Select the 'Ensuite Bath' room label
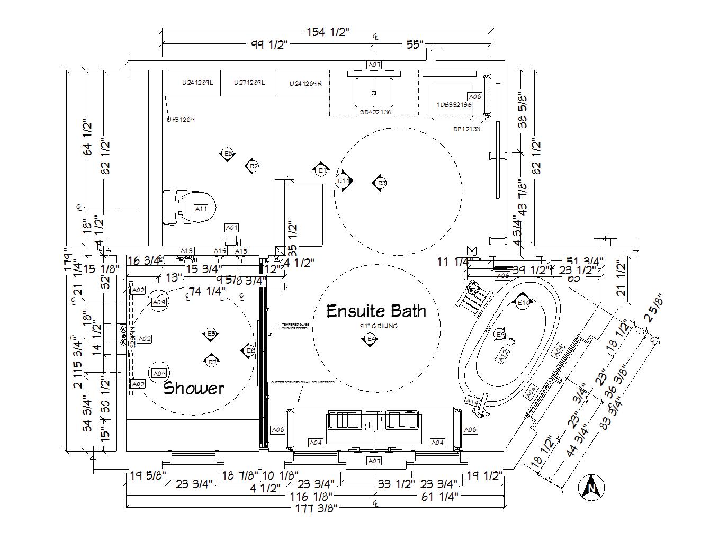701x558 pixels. point(376,311)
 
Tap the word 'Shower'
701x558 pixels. point(193,388)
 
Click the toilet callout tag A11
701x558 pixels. point(201,209)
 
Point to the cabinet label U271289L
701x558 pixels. point(249,83)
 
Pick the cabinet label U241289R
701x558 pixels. point(305,83)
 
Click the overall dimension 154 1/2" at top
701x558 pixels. point(328,32)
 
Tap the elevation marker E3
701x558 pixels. point(380,183)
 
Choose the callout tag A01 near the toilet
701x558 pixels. point(232,228)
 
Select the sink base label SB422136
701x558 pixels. point(375,112)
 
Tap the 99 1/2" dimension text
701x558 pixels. point(269,44)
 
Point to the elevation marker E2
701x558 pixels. point(253,166)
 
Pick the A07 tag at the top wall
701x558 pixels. point(374,65)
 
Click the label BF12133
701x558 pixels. point(466,129)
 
